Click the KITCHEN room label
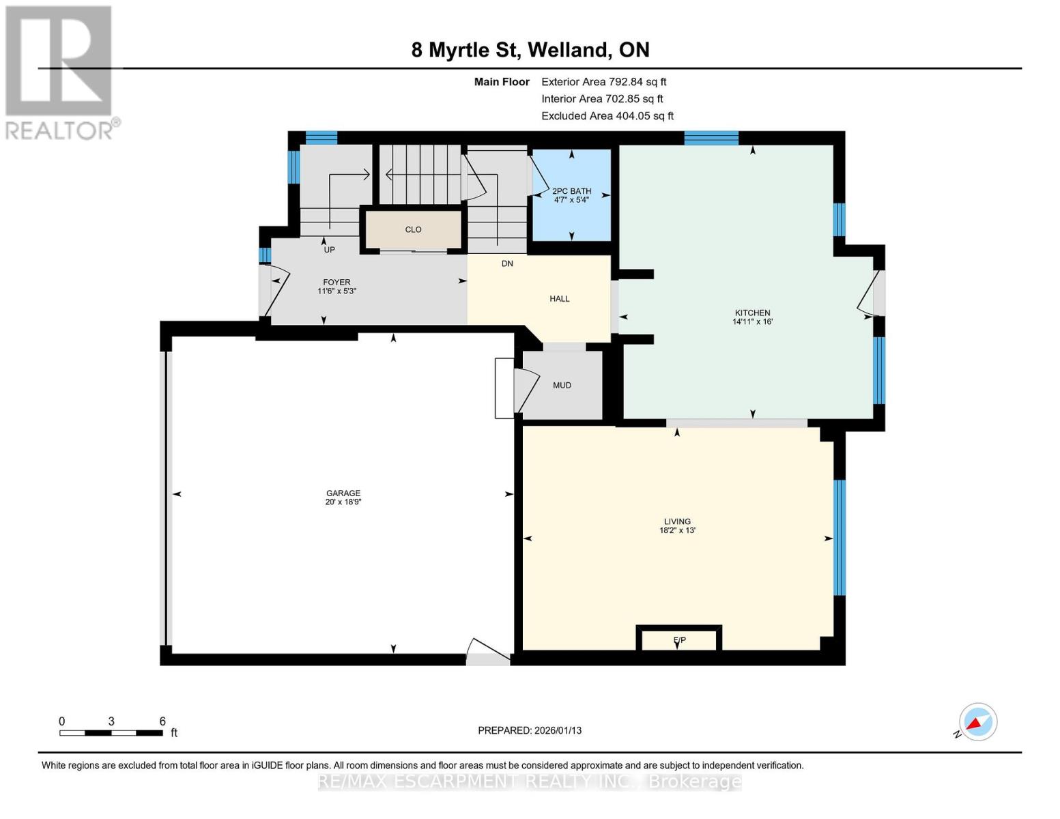(752, 313)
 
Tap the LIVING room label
(677, 521)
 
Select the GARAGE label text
(343, 493)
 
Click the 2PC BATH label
(571, 191)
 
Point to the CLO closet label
(413, 229)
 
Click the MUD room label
(562, 385)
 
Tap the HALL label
(559, 298)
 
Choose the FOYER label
(336, 282)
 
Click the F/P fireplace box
(679, 640)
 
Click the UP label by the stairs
(329, 250)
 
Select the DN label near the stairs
(507, 263)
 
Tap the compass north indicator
(977, 722)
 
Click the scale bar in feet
(111, 733)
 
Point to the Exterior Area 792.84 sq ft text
(603, 81)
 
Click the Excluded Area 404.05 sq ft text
(607, 116)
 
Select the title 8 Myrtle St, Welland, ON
(530, 50)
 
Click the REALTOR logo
(60, 72)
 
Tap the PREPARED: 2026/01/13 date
(529, 730)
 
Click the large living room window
(839, 537)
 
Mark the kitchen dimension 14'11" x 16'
(752, 321)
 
